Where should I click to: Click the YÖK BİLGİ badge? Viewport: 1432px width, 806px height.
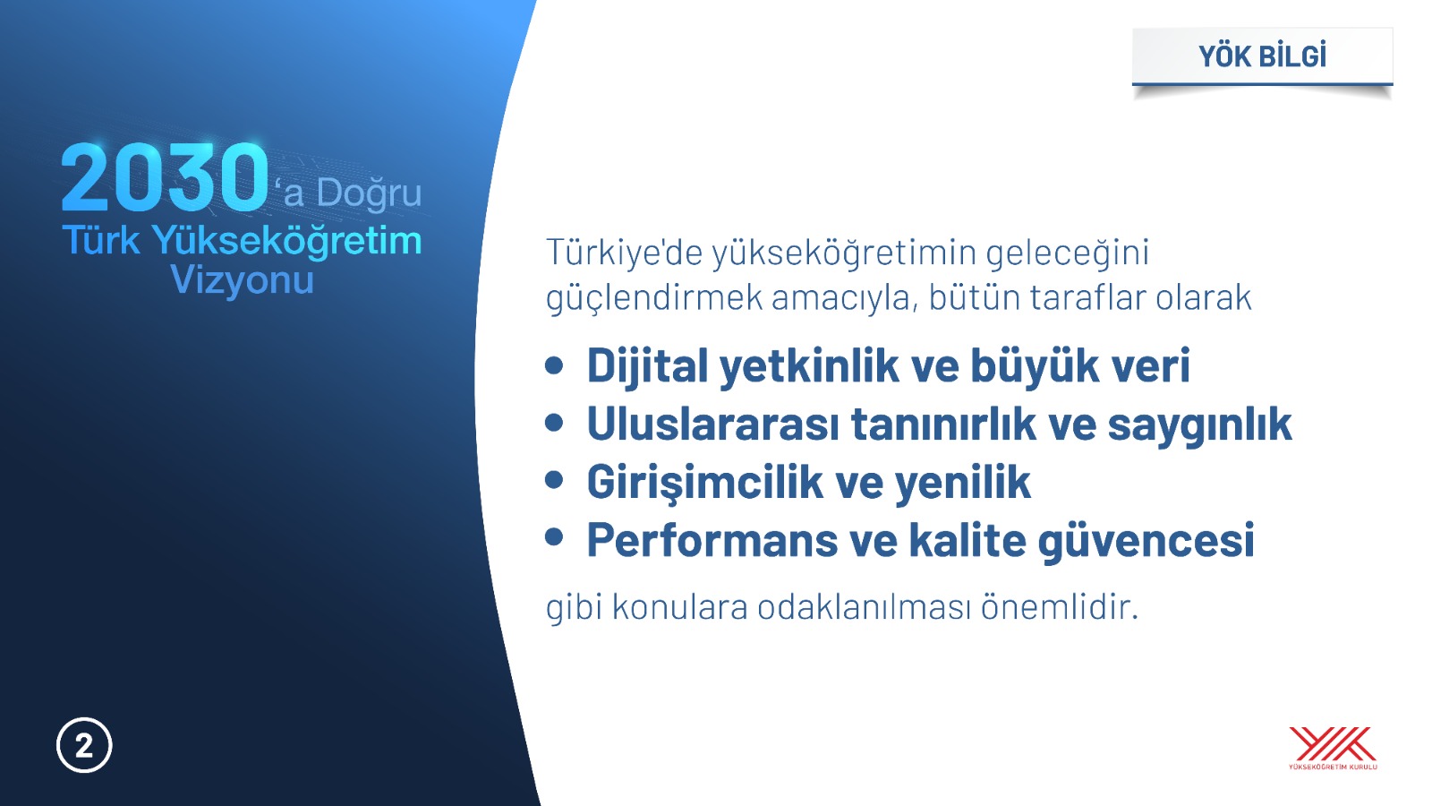[x=1262, y=56]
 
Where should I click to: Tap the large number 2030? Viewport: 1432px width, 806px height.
[x=165, y=177]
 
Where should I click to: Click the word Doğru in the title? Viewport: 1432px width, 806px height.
[x=369, y=193]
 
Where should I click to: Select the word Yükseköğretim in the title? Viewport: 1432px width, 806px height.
[x=287, y=242]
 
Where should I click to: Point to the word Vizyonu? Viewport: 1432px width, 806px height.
[x=243, y=280]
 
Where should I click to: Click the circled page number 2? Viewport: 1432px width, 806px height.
[x=84, y=746]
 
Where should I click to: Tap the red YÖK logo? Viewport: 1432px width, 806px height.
[x=1333, y=748]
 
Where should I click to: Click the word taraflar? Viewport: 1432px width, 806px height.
[x=1088, y=297]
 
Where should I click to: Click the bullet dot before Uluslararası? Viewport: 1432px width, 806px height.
[x=554, y=423]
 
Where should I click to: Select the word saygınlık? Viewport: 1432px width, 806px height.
[x=1199, y=425]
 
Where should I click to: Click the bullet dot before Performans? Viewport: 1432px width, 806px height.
[x=554, y=536]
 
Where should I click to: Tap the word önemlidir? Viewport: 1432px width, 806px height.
[x=1060, y=606]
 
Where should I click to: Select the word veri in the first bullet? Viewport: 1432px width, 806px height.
[x=1150, y=365]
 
